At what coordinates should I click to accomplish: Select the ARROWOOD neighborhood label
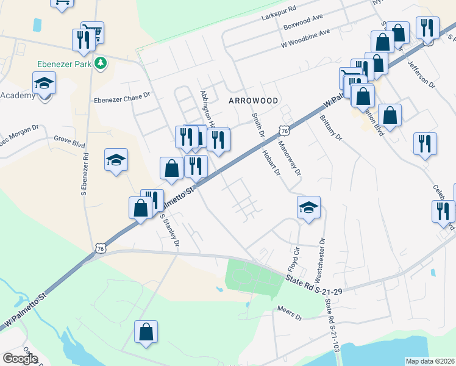[254, 100]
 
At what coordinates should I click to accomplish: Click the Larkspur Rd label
[277, 9]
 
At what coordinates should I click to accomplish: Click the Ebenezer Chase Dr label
[121, 96]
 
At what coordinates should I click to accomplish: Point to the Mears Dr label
[290, 314]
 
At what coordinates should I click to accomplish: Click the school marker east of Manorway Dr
[308, 207]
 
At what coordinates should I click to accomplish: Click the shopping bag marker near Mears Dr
[146, 332]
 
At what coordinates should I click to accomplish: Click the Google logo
[20, 359]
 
